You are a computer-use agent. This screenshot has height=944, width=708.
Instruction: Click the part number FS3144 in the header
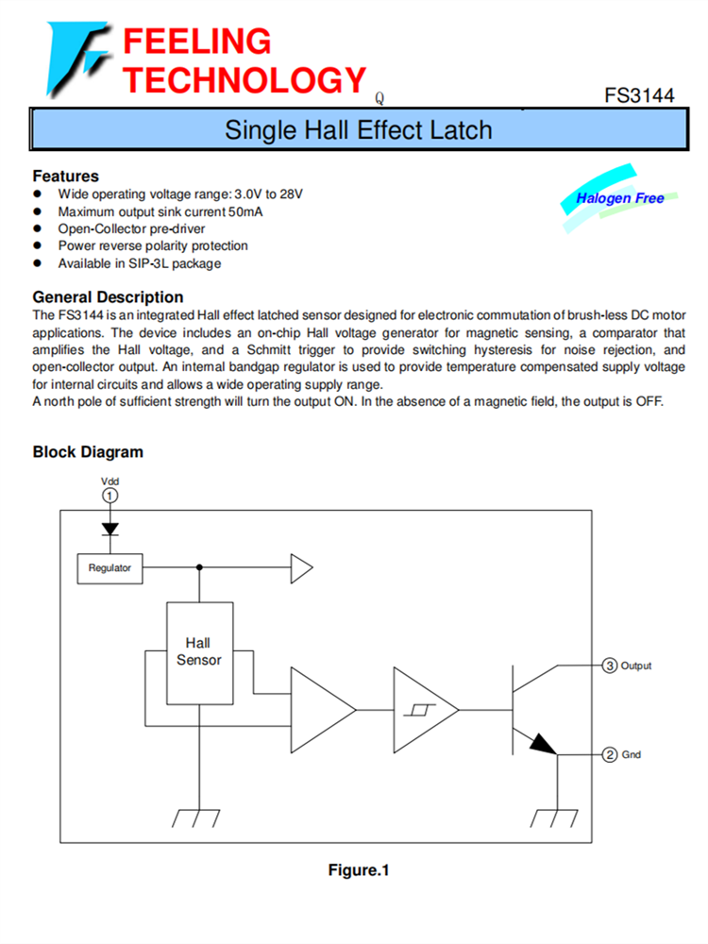[x=639, y=96]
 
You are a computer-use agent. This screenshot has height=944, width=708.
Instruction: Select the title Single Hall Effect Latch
[x=358, y=129]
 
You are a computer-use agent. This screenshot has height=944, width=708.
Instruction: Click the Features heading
[x=65, y=176]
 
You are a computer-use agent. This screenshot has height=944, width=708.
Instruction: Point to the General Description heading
[x=108, y=296]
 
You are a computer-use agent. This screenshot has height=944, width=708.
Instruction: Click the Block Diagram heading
[x=88, y=451]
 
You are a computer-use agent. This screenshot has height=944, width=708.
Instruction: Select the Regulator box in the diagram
[x=110, y=568]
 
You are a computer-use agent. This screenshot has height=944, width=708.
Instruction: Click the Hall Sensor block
[x=199, y=651]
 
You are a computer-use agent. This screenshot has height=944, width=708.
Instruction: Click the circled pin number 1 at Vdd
[x=110, y=496]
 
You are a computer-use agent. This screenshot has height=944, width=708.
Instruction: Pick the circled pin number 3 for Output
[x=610, y=666]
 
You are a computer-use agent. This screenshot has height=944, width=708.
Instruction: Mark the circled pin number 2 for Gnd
[x=610, y=755]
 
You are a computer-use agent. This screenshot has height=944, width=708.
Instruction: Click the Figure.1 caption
[x=359, y=869]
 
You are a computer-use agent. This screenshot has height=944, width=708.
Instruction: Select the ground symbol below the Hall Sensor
[x=199, y=817]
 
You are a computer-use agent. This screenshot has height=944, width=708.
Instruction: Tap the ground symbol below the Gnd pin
[x=556, y=817]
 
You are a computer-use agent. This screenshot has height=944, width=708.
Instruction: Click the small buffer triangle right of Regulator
[x=301, y=568]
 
